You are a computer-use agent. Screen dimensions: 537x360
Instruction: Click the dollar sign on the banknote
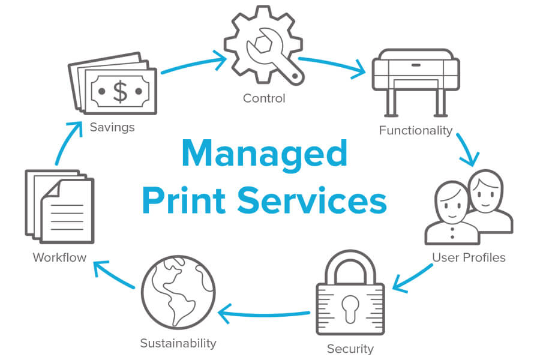coord(121,91)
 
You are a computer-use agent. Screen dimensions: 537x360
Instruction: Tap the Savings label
coord(112,127)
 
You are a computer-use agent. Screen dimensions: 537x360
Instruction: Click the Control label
coord(264,98)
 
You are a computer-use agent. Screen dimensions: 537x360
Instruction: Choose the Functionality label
coord(416,130)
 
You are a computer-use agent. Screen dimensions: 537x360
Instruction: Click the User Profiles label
coord(469,257)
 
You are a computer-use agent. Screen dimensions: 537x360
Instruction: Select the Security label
coord(350,349)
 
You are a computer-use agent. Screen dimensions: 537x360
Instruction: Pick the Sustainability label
coord(178,343)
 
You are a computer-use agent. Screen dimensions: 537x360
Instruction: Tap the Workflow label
coord(59,257)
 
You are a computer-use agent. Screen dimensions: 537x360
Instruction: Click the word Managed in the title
coord(265,155)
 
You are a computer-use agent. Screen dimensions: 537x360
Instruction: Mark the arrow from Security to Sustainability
coord(264,313)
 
